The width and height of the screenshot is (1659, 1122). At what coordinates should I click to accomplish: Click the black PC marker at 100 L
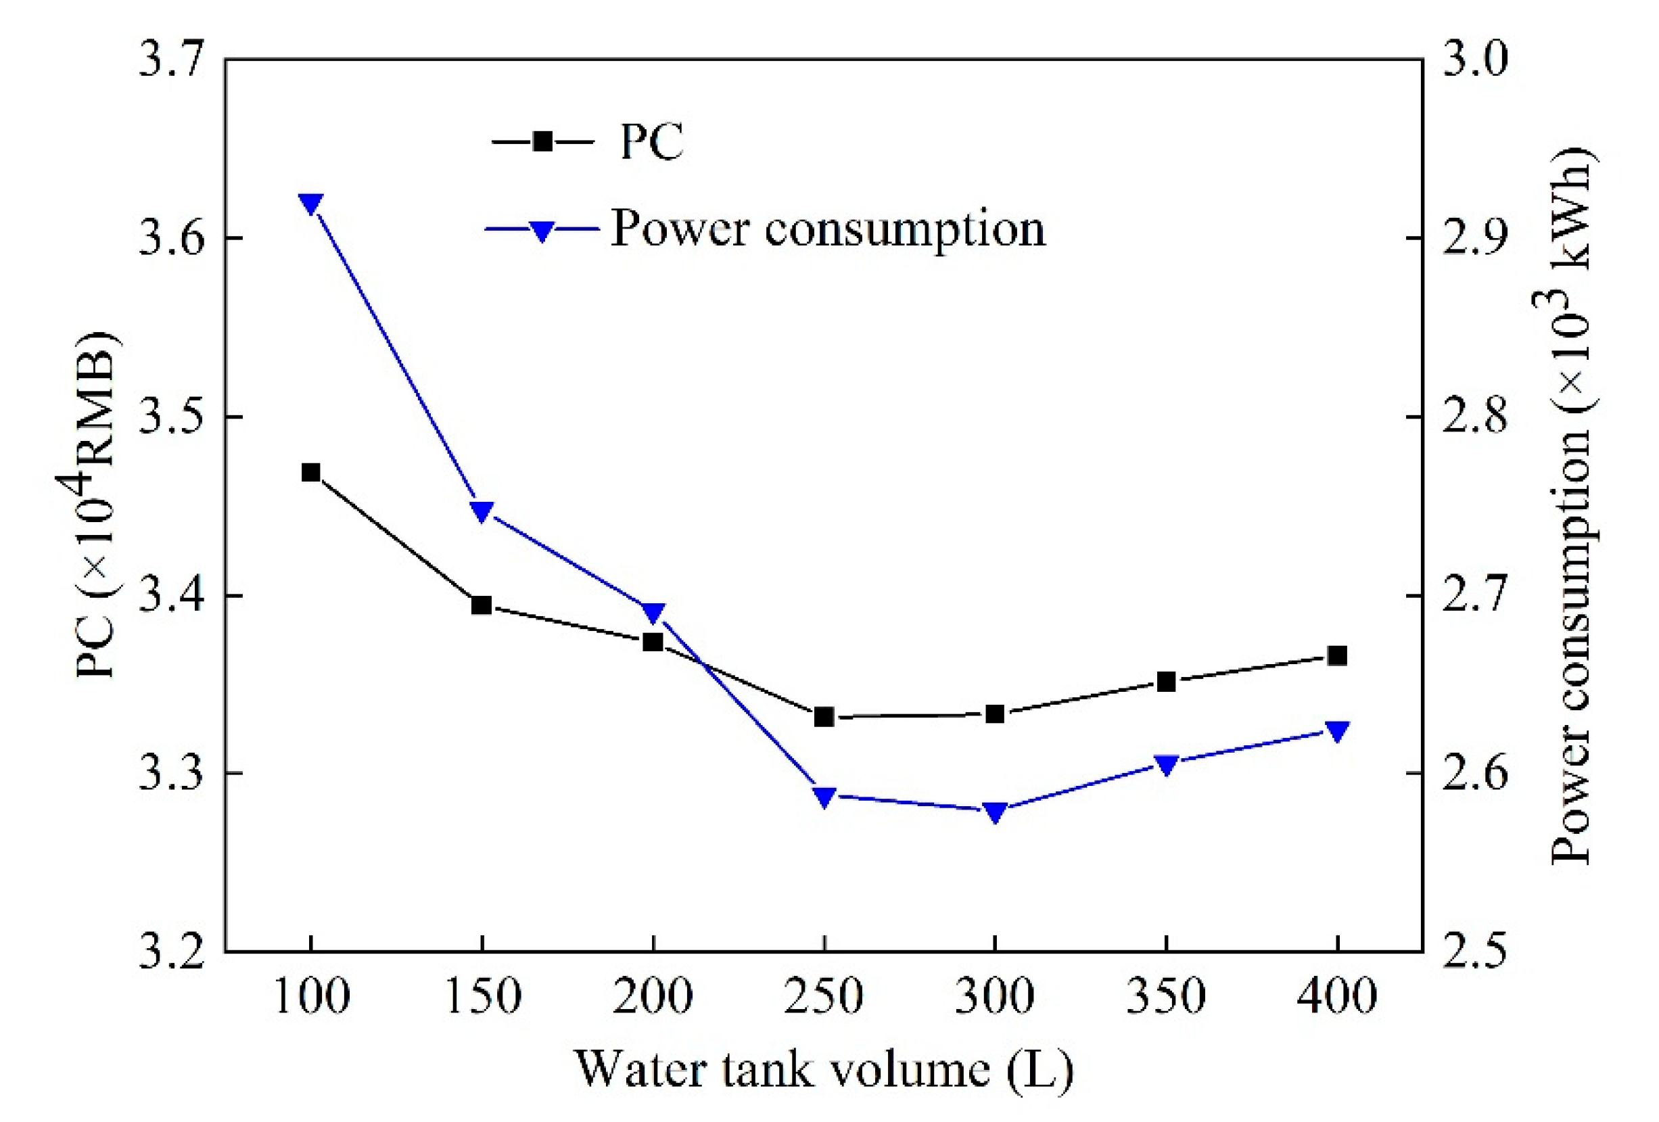pos(310,473)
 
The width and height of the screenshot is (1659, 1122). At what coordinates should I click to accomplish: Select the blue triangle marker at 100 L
pos(310,203)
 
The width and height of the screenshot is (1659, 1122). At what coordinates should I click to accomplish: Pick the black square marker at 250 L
pos(824,717)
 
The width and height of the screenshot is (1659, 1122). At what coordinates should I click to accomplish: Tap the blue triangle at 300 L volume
pos(994,812)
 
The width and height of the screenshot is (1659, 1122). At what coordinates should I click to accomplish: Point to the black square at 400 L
pos(1337,656)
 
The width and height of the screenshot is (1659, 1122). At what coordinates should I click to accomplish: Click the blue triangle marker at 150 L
pos(482,511)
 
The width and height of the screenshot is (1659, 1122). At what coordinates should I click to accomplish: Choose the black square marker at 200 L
pos(653,642)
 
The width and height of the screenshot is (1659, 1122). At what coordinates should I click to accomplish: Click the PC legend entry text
pos(651,141)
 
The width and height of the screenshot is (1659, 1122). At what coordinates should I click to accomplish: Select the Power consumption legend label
pos(828,229)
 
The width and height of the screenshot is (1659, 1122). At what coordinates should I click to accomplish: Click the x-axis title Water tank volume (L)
pos(824,1071)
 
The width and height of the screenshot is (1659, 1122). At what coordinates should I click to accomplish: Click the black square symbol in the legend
pos(542,141)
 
